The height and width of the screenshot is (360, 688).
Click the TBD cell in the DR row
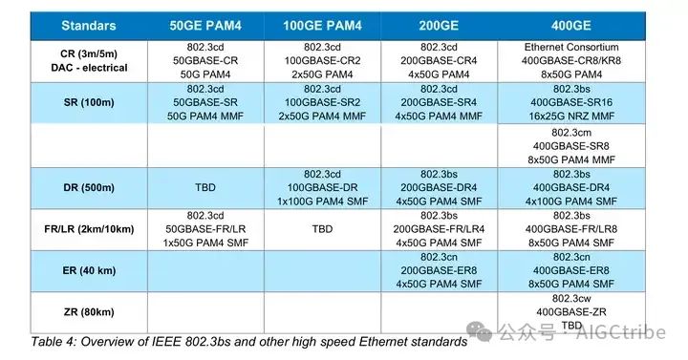pyautogui.click(x=204, y=187)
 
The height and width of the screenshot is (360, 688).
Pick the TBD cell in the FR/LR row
pyautogui.click(x=322, y=229)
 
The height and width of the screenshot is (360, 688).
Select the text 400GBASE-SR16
pyautogui.click(x=572, y=102)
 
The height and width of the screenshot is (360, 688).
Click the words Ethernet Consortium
pyautogui.click(x=572, y=47)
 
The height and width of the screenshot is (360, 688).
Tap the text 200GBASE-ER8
pyautogui.click(x=440, y=270)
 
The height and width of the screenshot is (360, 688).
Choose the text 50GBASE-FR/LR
pyautogui.click(x=204, y=229)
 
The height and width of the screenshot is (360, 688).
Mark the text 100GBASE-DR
pyautogui.click(x=322, y=187)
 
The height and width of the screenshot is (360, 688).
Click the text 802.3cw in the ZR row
pyautogui.click(x=572, y=298)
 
